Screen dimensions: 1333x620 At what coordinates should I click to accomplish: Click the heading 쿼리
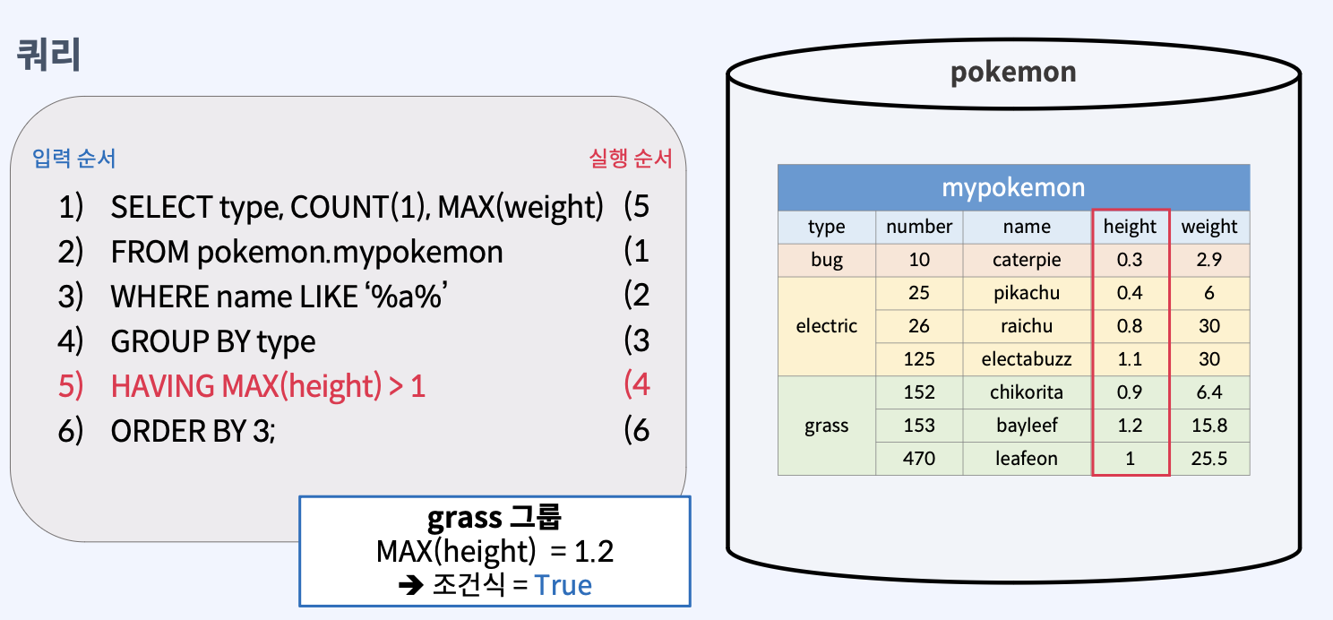[x=49, y=56]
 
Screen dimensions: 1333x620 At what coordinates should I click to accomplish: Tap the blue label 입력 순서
[x=74, y=159]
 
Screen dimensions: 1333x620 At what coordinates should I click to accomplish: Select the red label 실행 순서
[x=631, y=159]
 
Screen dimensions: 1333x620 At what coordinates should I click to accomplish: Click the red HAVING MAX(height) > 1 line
[x=268, y=386]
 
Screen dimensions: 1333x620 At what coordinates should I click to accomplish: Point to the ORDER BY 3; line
[x=193, y=431]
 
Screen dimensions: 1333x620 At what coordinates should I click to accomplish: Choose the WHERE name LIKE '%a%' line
[x=279, y=297]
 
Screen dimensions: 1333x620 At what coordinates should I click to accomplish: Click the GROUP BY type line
[x=213, y=341]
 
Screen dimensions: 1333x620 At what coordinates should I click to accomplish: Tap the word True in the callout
[x=563, y=585]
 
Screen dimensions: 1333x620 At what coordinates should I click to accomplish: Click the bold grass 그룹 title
[x=494, y=518]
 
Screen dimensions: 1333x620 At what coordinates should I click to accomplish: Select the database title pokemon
[x=1013, y=72]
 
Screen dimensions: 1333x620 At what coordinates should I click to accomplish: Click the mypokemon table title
[x=1013, y=187]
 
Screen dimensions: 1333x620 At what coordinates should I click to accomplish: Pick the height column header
[x=1130, y=227]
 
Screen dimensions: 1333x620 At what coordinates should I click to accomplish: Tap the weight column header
[x=1208, y=227]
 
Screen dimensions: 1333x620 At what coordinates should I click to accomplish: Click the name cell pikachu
[x=1027, y=293]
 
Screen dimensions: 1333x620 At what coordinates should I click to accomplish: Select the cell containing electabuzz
[x=1027, y=359]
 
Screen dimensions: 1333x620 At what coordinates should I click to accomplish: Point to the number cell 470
[x=919, y=459]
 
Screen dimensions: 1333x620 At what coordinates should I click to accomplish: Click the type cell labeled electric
[x=826, y=326]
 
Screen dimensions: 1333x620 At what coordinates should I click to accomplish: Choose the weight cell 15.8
[x=1208, y=426]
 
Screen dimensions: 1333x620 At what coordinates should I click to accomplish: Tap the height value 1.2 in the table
[x=1130, y=426]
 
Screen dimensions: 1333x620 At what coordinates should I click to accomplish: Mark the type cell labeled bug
[x=826, y=260]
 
